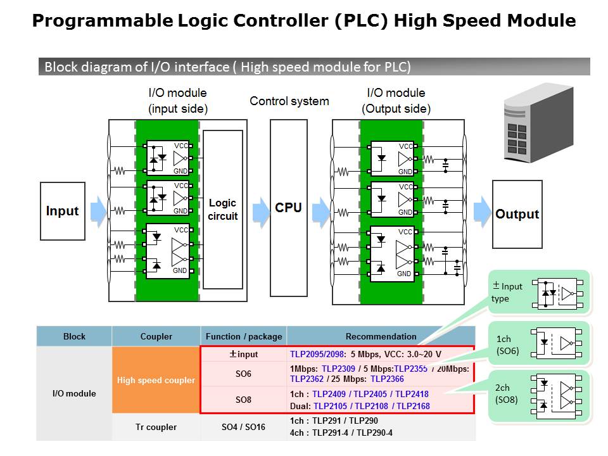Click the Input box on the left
(x=62, y=211)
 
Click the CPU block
(x=288, y=208)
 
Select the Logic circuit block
(x=223, y=210)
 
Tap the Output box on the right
(x=517, y=214)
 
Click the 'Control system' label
(x=289, y=101)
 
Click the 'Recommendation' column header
(x=381, y=336)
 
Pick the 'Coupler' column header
(x=156, y=336)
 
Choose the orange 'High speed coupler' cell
(x=156, y=381)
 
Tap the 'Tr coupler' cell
(x=156, y=427)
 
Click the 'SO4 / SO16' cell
(x=243, y=427)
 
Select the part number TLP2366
(x=387, y=379)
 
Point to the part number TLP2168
(x=413, y=406)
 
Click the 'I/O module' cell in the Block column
(x=74, y=393)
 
